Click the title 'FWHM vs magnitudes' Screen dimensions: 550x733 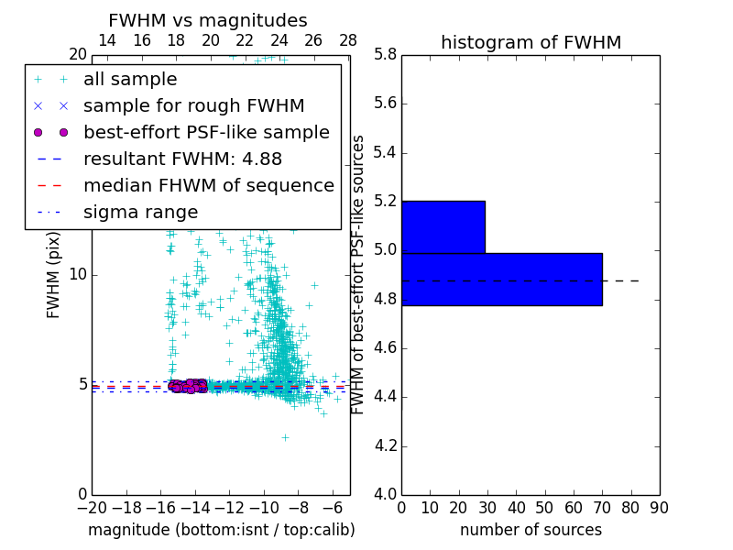[x=207, y=20]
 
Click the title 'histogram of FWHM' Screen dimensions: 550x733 [x=531, y=42]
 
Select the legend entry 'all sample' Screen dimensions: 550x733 [x=130, y=80]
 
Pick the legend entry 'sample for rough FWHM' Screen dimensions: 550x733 [x=193, y=105]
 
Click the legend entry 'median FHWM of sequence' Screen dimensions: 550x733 [x=208, y=185]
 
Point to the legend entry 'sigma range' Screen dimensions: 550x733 [x=140, y=212]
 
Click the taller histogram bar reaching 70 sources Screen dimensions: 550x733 [x=501, y=279]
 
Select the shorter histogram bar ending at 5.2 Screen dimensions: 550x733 [x=443, y=226]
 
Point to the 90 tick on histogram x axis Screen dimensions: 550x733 [x=659, y=508]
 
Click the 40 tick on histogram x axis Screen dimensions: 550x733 [x=516, y=508]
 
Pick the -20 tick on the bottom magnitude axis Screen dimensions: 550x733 [x=92, y=508]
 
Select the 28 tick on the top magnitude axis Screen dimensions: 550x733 [x=348, y=40]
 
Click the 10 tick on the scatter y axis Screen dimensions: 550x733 [x=77, y=274]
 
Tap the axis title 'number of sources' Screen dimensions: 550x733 [x=531, y=530]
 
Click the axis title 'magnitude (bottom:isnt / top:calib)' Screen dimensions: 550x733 [x=221, y=530]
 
